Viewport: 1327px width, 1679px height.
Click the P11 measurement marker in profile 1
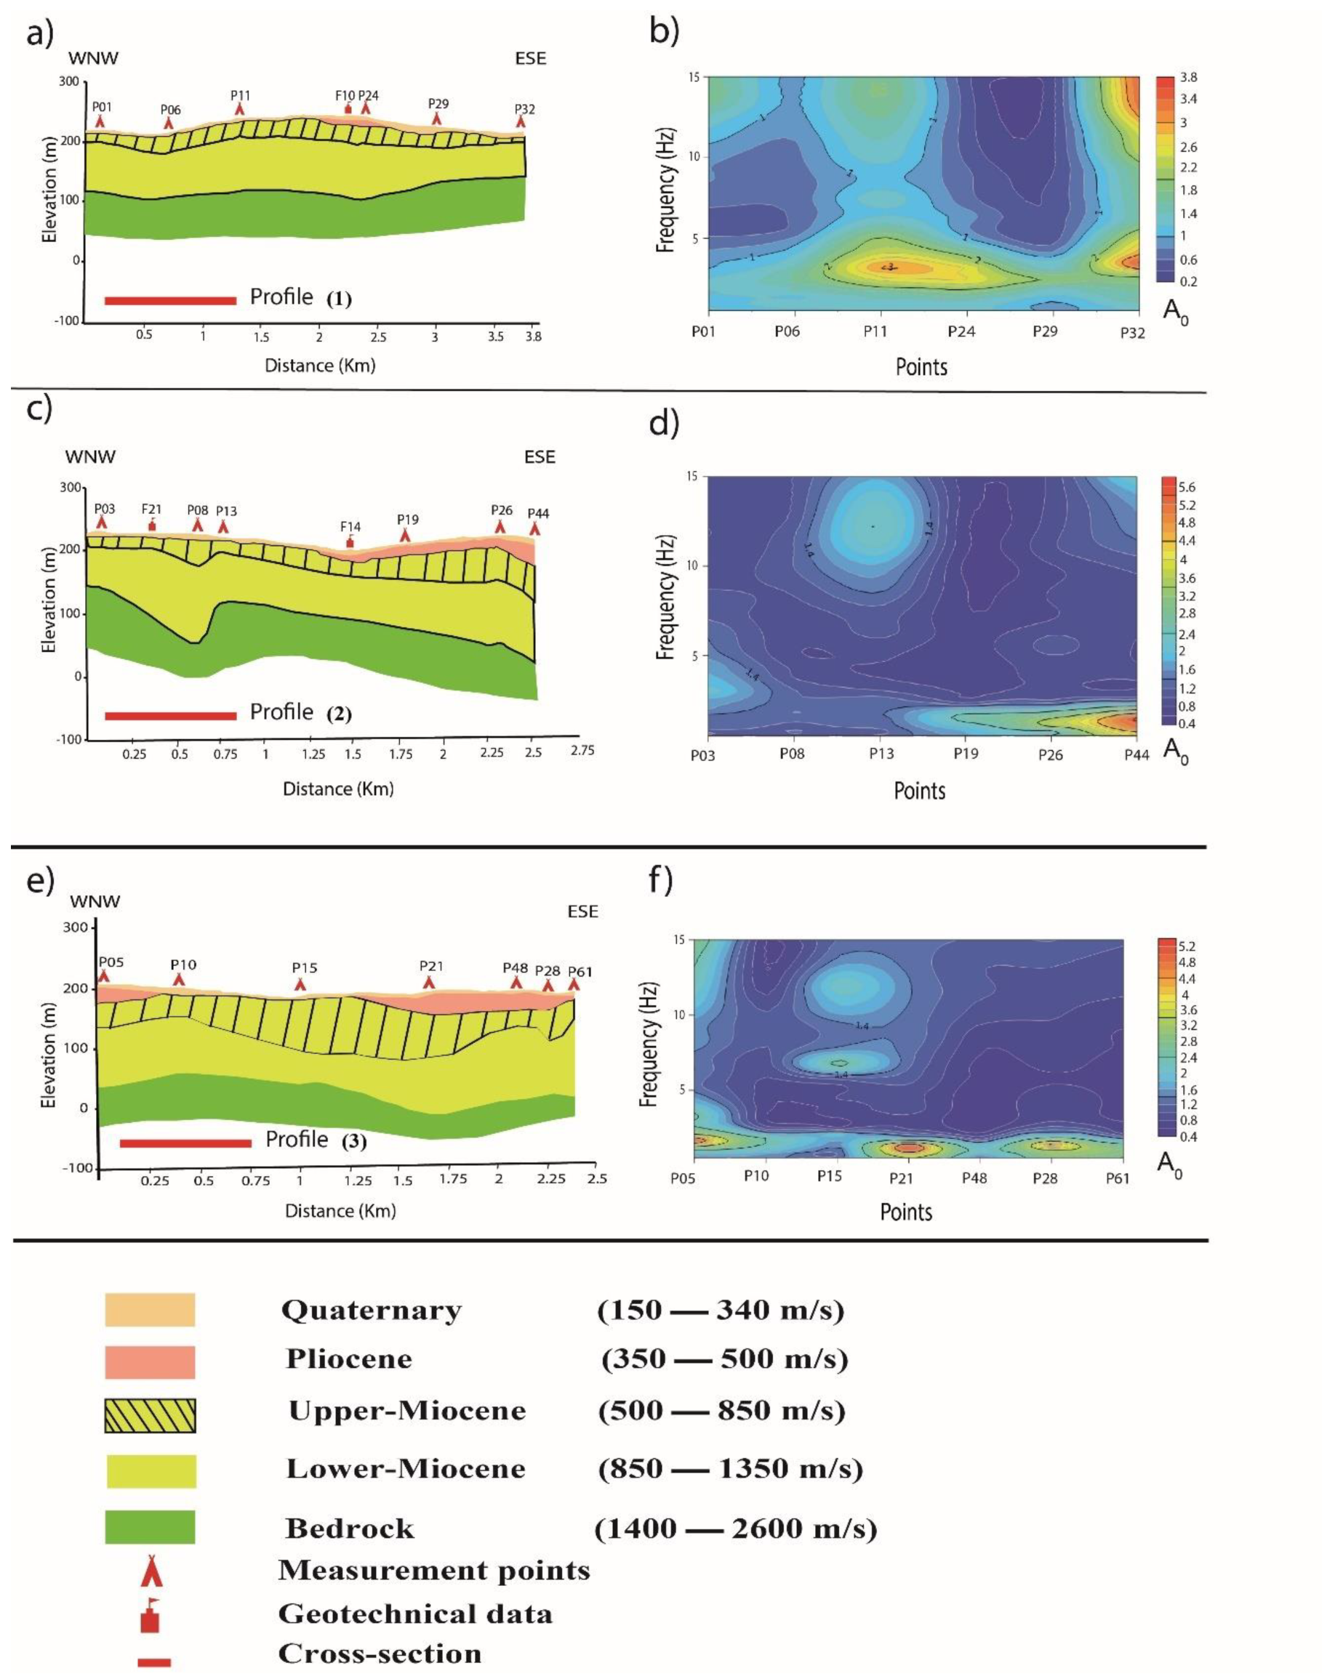pos(240,110)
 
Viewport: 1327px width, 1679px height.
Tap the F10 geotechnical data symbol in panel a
pos(348,108)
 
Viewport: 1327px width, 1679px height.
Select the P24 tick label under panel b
pos(961,331)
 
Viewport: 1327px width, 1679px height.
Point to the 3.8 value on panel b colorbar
pos(1188,78)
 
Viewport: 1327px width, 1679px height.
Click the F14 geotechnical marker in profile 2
pos(350,541)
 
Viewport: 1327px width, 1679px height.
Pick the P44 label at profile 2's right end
pos(537,513)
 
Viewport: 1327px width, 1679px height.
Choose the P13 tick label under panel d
pos(881,753)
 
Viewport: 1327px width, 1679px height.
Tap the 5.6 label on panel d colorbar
pos(1187,488)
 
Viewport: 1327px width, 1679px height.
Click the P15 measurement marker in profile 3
pos(301,984)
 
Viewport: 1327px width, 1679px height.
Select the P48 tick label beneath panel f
pos(974,1177)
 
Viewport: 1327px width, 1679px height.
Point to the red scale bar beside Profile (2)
pos(170,715)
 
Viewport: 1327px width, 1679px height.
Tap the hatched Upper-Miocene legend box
pos(150,1415)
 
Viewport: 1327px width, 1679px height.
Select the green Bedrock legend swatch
pos(150,1526)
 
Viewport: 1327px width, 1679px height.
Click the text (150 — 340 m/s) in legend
pos(721,1310)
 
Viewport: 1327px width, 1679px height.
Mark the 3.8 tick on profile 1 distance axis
pos(533,337)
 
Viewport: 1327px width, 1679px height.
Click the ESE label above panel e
pos(582,911)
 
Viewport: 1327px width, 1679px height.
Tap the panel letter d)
pos(662,424)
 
